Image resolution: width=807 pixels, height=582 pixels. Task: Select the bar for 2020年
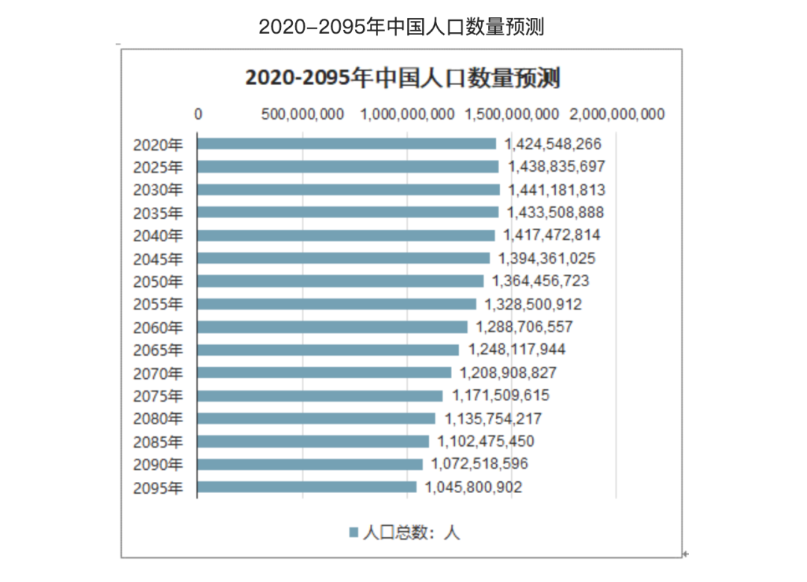coord(346,143)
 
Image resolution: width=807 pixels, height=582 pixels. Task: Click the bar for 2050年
coord(340,281)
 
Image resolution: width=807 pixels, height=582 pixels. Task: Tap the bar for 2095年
coord(306,487)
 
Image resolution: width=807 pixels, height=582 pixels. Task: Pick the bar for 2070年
coord(324,372)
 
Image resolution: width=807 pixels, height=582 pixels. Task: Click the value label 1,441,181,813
coord(557,190)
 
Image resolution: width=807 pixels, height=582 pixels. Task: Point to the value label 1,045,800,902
coord(474,487)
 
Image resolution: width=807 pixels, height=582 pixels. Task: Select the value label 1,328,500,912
coord(534,304)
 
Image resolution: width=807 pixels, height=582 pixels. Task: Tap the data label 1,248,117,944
coord(517,350)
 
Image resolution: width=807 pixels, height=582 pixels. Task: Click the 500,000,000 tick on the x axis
coord(303,114)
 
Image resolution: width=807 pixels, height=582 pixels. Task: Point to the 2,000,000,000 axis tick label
coord(617,114)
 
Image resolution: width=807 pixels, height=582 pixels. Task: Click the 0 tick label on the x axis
coord(198,114)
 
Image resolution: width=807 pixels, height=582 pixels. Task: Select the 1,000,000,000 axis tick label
coord(407,114)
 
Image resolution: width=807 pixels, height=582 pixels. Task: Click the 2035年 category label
coord(158,213)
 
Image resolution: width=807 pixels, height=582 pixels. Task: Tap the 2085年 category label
coord(158,442)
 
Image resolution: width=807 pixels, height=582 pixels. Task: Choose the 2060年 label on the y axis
coord(158,327)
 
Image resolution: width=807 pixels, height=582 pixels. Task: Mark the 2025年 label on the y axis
coord(158,167)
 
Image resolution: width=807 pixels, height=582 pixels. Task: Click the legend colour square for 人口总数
coord(353,532)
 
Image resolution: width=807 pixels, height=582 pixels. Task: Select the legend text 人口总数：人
coord(412,532)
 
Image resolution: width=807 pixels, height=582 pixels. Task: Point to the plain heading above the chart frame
coord(401,27)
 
